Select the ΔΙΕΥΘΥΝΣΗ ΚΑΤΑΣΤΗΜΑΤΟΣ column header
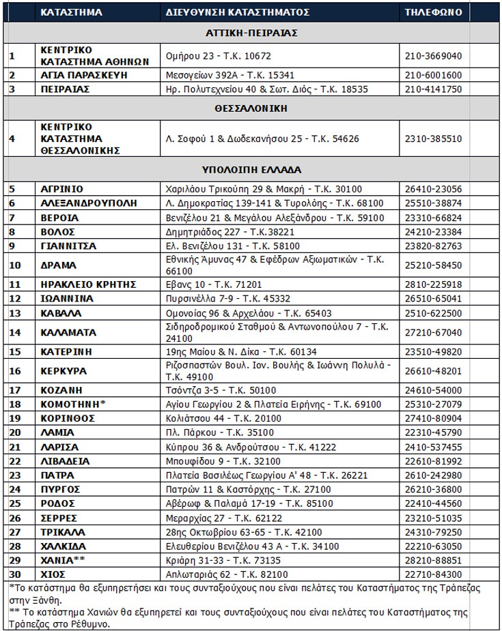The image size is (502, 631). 237,12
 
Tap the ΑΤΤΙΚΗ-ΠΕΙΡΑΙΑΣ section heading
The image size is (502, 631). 251,33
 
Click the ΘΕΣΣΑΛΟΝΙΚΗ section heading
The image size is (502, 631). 251,108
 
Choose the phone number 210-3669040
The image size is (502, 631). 434,56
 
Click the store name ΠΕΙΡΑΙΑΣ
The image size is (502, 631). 65,89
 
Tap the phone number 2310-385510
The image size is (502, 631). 434,139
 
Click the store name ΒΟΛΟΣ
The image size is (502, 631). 58,232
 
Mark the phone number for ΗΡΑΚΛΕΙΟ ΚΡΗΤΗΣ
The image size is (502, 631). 434,284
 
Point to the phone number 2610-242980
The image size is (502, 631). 434,475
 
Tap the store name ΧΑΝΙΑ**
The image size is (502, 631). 66,560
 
